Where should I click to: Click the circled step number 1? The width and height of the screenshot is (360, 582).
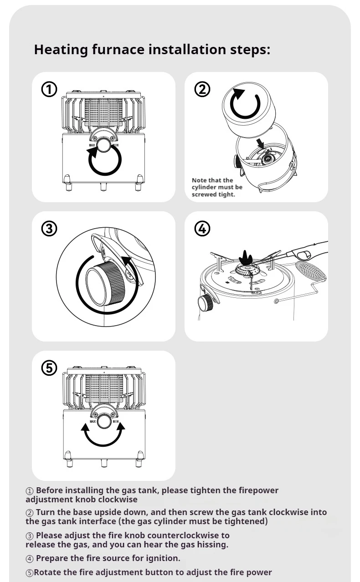[x=49, y=90]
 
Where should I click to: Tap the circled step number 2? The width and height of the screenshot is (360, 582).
[x=202, y=90]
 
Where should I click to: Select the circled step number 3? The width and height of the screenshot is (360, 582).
[x=49, y=229]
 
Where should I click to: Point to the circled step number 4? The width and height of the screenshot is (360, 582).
[x=202, y=229]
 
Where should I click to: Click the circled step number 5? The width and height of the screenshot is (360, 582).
[x=49, y=368]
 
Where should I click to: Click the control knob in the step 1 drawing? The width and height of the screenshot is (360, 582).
[x=104, y=147]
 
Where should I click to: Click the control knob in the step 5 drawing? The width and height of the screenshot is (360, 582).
[x=104, y=422]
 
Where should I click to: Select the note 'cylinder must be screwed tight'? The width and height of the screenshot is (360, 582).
[x=217, y=187]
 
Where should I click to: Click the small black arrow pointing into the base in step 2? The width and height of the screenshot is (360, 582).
[x=261, y=144]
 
